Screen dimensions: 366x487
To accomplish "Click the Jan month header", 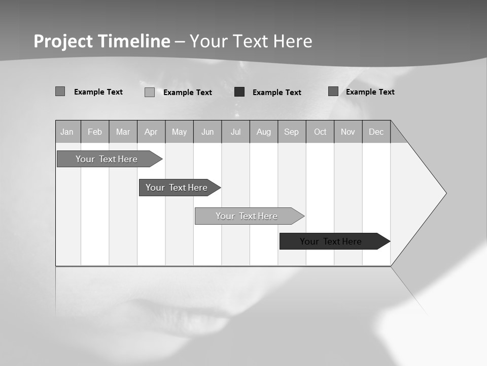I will tap(67, 132).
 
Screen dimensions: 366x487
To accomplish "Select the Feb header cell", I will tap(95, 132).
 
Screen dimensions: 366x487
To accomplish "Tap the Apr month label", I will tap(151, 132).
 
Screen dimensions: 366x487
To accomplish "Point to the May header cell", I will tap(179, 132).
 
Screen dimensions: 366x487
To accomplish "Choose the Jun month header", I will tap(207, 132).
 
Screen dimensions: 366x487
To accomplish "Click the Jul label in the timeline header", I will tap(235, 132).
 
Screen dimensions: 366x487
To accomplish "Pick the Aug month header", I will tap(263, 132).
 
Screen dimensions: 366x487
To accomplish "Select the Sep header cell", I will tap(291, 132).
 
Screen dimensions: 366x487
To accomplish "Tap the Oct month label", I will tap(320, 132).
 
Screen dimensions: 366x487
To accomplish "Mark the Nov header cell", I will tap(348, 132).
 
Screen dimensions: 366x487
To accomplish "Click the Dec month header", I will tap(376, 132).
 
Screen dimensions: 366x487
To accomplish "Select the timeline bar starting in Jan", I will tap(107, 159).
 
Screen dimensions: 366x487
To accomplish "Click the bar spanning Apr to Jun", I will tap(177, 188).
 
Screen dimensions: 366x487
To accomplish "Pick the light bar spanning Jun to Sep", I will tap(247, 216).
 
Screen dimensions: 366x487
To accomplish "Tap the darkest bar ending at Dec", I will tap(331, 241).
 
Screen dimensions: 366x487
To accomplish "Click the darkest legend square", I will tap(239, 92).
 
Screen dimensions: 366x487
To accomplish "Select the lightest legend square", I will tap(150, 92).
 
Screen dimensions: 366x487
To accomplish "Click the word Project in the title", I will tap(63, 41).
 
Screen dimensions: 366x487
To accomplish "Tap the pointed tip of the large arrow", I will tap(445, 193).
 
